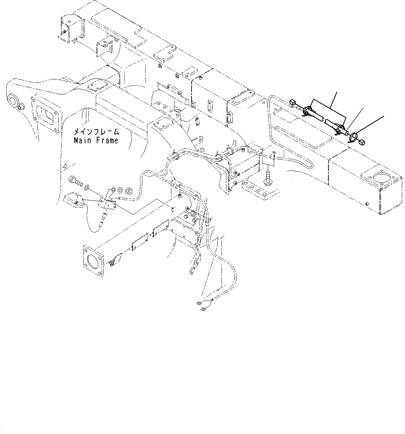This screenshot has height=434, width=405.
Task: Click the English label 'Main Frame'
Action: pos(96,141)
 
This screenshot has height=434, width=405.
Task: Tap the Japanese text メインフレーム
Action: pos(96,132)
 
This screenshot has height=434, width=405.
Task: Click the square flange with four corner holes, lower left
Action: pos(93,259)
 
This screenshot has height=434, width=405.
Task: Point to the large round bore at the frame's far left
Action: pos(13,101)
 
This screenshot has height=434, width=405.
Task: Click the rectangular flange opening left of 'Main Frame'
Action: pos(45,115)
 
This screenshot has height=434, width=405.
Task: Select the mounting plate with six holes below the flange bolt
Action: pos(259,190)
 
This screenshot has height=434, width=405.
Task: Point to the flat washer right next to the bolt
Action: pos(86,188)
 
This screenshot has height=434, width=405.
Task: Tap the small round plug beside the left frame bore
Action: pos(22,106)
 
